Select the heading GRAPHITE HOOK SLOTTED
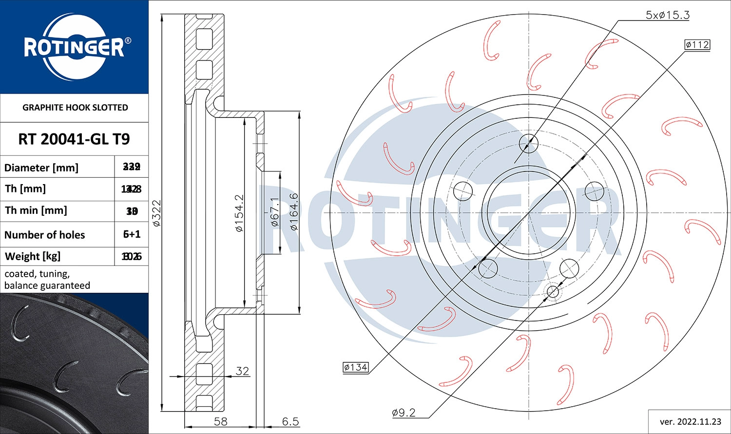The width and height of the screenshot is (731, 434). point(75,108)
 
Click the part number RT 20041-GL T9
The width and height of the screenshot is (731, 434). point(74,139)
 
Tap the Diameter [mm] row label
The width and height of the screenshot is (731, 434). point(41,168)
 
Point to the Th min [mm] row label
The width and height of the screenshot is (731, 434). point(36,210)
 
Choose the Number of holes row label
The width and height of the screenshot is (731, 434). point(45,235)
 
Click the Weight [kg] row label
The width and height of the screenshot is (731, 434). point(33,256)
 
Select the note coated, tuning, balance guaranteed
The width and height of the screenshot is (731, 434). point(47,280)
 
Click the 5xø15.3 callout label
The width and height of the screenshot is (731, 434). point(667,15)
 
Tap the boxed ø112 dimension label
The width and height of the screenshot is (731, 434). point(697,45)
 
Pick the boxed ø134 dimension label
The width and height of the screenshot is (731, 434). point(355,367)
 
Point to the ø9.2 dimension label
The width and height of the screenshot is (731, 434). point(404,413)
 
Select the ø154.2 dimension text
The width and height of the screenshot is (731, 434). point(239,213)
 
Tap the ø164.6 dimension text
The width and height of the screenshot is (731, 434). point(294,212)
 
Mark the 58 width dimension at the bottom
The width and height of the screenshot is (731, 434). point(221,421)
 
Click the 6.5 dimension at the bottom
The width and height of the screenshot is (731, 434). point(290,421)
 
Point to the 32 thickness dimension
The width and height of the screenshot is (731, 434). point(242,371)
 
